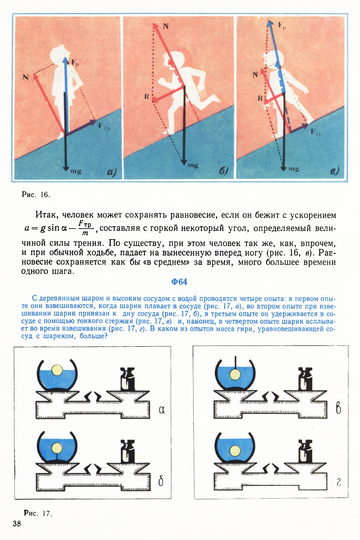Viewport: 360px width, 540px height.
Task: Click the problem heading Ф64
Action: pos(179,282)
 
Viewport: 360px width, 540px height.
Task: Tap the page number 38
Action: pos(17,523)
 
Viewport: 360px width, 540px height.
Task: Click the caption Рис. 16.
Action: pos(36,194)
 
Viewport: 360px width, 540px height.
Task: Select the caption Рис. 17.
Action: pos(38,513)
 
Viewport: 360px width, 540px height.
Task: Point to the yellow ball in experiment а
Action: pos(57,370)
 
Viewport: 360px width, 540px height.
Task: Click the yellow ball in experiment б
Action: pos(56,448)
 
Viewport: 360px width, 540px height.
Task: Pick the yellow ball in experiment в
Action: pos(235,374)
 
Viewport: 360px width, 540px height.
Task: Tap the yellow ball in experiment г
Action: pos(235,451)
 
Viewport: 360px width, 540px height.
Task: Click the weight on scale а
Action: pos(127,379)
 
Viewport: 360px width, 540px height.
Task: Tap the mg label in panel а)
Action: pos(76,171)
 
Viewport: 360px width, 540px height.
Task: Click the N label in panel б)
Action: pos(165,26)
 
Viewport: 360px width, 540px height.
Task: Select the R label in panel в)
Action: pos(260,98)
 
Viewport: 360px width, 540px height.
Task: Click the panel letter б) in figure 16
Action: pos(223,171)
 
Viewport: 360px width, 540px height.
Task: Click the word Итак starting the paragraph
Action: pos(47,215)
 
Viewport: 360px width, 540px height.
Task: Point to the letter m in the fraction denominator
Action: pos(85,233)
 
